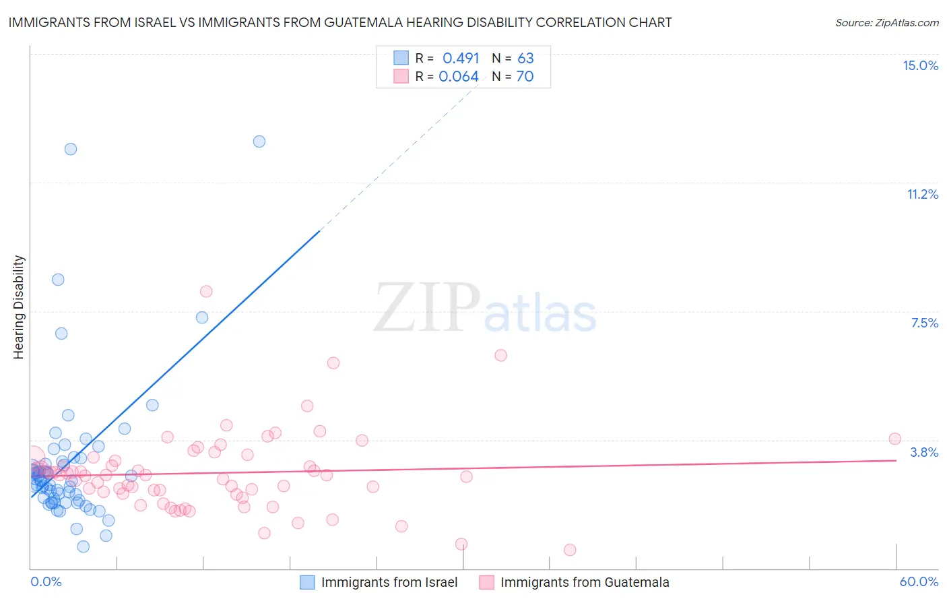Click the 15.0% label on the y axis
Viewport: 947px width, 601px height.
(x=920, y=65)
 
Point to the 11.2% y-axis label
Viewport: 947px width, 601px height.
(x=922, y=194)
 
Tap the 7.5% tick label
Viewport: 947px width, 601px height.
(x=924, y=323)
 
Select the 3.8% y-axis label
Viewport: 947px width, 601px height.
(x=924, y=452)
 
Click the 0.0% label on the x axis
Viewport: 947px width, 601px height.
(x=46, y=581)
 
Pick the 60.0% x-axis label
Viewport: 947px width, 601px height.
(x=919, y=581)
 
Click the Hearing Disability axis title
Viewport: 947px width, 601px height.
(x=19, y=307)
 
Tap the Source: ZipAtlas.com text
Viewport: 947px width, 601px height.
(x=886, y=22)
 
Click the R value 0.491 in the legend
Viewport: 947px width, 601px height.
(x=461, y=58)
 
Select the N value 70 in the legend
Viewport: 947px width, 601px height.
(x=525, y=76)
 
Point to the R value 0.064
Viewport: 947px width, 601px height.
(x=459, y=76)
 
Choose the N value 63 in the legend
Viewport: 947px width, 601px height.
(x=525, y=58)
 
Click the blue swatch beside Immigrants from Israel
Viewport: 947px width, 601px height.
(x=307, y=582)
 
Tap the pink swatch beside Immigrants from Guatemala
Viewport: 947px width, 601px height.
(x=486, y=582)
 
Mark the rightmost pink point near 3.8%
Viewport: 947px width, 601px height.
(x=894, y=439)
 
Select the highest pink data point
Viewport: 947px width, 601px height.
(x=206, y=291)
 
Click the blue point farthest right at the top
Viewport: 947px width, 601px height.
(x=259, y=141)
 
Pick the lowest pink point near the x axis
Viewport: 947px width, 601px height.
(x=570, y=550)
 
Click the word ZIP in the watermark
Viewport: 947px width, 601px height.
(x=427, y=307)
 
